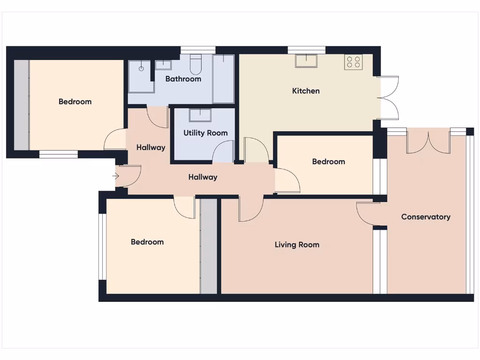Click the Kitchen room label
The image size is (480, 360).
coord(306,91)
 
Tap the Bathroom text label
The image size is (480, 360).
coord(183,79)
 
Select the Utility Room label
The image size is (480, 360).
coord(205,133)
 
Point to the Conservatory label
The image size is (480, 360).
coord(426,217)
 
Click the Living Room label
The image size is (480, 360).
coord(297,245)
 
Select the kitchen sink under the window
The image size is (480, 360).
coord(306,60)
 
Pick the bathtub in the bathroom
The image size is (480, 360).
coord(223,78)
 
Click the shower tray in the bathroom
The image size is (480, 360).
coord(141,76)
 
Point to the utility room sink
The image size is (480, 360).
coord(200,115)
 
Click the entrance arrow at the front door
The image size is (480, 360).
coord(116,177)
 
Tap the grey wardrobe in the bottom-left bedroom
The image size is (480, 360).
coord(209,246)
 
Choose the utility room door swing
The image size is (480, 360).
coord(224,152)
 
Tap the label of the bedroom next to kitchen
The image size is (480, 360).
coord(328,162)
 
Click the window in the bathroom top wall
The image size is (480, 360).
coord(198,49)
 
